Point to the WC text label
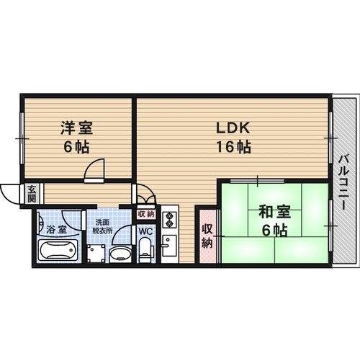(145, 232)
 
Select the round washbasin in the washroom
(119, 253)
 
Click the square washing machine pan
(95, 253)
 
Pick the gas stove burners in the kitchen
(169, 218)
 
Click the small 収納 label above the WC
(145, 214)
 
